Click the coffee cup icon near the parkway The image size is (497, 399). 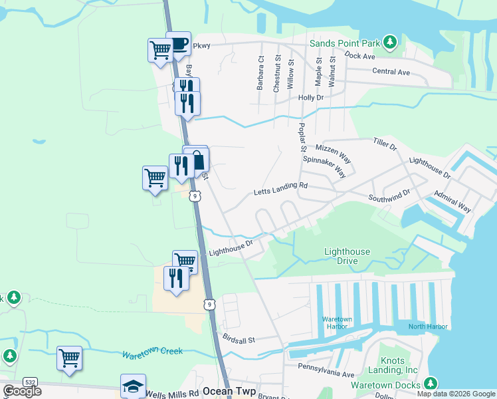[x=178, y=44]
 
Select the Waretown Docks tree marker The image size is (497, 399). [x=431, y=384]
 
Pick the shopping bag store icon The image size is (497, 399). [x=197, y=160]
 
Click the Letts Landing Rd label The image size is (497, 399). [x=281, y=193]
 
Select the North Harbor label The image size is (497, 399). [x=428, y=327]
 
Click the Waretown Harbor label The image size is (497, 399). [x=337, y=323]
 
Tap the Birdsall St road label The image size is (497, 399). [x=239, y=340]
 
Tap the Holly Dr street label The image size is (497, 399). [x=310, y=97]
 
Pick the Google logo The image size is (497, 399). [x=22, y=391]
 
